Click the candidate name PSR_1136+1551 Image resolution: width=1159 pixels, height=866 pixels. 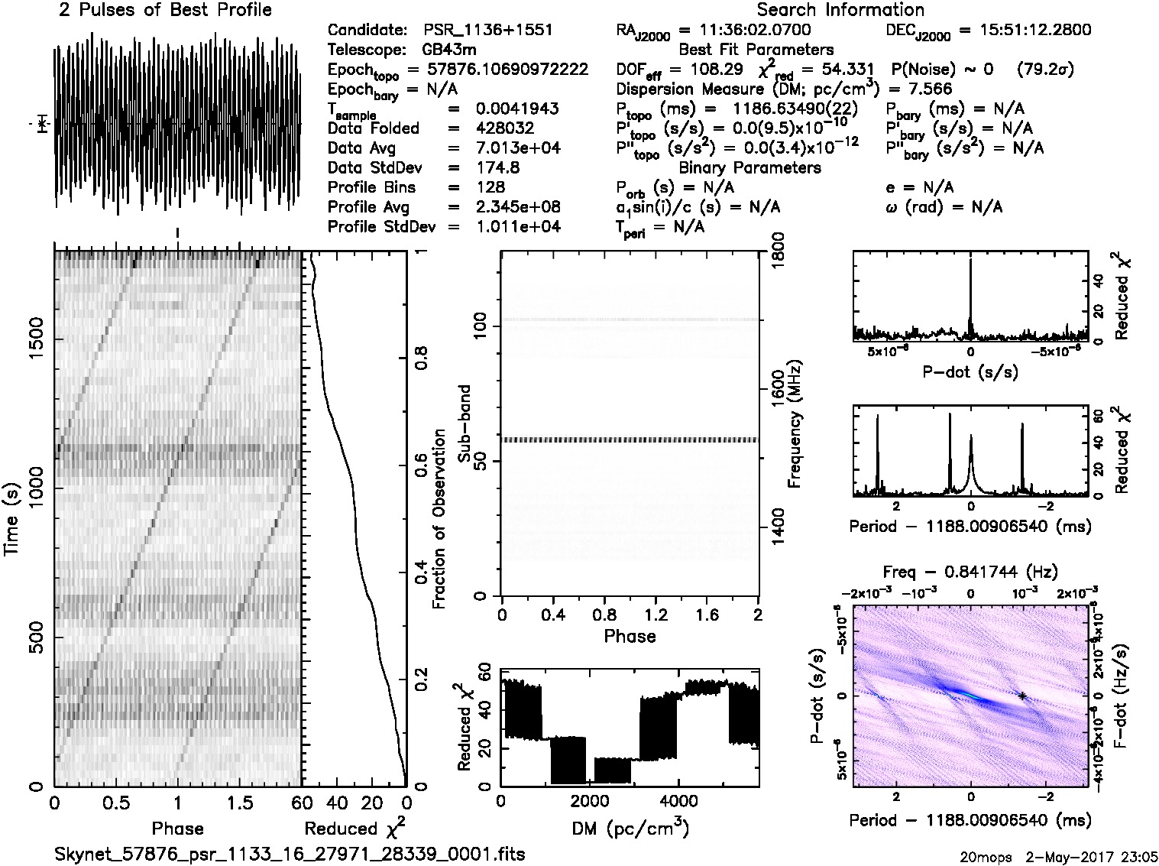[x=487, y=31]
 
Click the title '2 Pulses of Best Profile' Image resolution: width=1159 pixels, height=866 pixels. [x=165, y=11]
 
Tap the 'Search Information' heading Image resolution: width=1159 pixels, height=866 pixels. [x=840, y=11]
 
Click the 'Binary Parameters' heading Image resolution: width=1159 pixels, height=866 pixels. [x=749, y=167]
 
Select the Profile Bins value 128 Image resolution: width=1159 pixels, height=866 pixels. [x=490, y=187]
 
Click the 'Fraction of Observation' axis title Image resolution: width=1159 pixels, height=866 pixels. [x=439, y=519]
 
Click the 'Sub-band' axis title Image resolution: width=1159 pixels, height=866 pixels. [x=465, y=424]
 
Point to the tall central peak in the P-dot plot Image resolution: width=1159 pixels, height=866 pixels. [x=970, y=264]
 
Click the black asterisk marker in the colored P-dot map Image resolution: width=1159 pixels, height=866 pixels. [x=1021, y=696]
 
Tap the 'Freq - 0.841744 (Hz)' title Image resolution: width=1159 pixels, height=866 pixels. [x=970, y=572]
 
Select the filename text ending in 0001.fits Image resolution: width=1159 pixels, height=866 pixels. [x=290, y=854]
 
